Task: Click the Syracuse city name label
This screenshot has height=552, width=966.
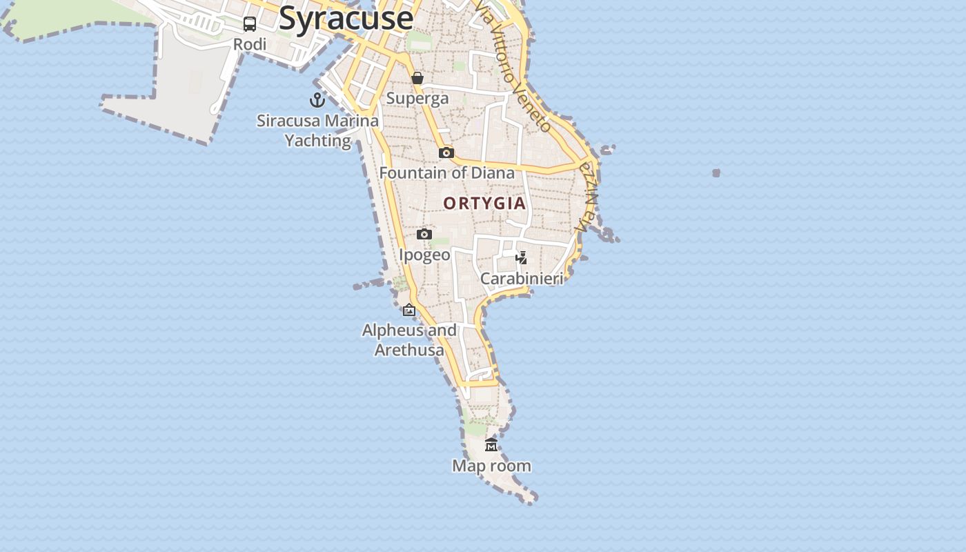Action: click(346, 18)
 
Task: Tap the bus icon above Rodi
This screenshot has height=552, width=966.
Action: click(250, 24)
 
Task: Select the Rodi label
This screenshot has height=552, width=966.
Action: click(250, 44)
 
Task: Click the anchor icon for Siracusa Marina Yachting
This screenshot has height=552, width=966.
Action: click(317, 100)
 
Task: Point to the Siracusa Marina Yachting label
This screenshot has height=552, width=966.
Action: click(317, 130)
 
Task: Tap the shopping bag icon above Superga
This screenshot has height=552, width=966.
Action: click(417, 78)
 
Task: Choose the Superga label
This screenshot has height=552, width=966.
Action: click(417, 98)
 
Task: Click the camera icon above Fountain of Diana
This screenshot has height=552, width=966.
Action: click(446, 152)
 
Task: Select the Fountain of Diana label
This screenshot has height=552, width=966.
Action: click(447, 172)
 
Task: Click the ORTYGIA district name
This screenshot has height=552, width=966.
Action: click(484, 204)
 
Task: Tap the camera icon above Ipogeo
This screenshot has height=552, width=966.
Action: click(424, 235)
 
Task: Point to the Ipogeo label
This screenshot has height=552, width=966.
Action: click(424, 255)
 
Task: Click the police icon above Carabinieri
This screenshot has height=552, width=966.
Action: click(522, 258)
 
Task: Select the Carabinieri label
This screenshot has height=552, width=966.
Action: click(522, 278)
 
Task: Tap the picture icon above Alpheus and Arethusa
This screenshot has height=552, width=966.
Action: click(409, 310)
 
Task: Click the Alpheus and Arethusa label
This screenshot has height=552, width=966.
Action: click(409, 339)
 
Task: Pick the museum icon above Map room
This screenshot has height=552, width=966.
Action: click(491, 445)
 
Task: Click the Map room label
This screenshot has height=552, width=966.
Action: click(491, 466)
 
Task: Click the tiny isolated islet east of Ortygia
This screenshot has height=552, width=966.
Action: click(716, 173)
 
